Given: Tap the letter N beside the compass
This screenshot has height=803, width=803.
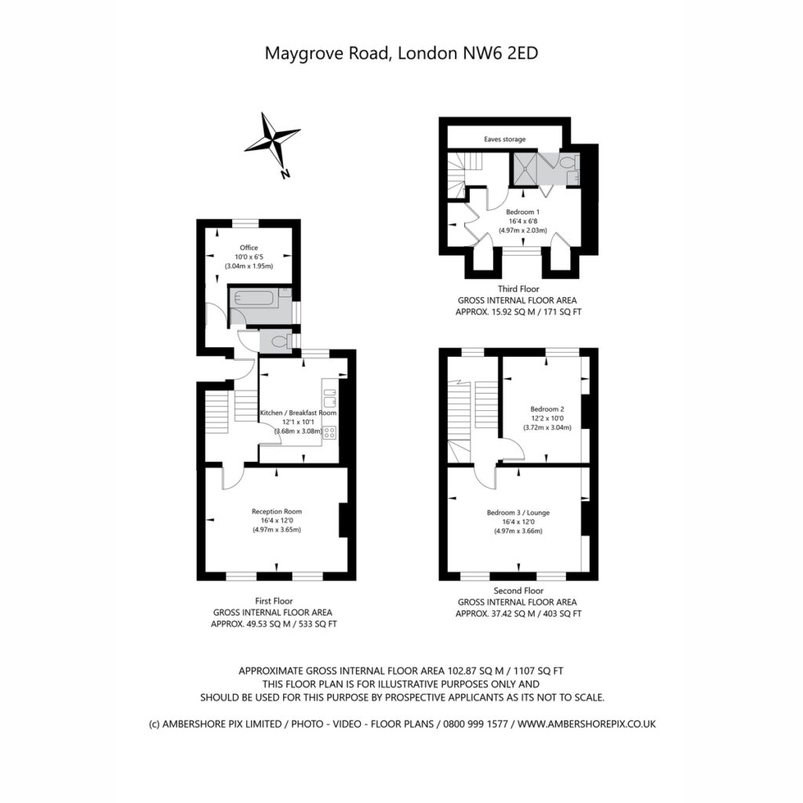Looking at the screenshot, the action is (285, 173).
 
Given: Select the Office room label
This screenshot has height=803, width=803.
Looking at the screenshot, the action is (249, 247).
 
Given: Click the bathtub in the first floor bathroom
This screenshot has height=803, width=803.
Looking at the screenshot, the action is (254, 299).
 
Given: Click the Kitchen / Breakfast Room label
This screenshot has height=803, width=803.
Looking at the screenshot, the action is (298, 412).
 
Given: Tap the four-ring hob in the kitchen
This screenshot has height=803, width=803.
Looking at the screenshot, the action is (330, 433).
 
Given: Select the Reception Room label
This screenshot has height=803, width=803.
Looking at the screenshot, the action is (277, 511).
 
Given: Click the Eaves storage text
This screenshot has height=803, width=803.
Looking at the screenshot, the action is (505, 140).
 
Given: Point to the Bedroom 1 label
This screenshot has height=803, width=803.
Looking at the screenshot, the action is (522, 212).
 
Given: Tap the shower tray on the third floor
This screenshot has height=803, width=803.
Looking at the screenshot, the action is (525, 169).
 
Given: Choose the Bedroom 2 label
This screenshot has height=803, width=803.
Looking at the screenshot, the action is (547, 409).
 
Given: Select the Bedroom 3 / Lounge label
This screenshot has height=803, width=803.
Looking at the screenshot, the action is (518, 512).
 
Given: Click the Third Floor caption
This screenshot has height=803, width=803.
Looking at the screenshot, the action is (518, 289).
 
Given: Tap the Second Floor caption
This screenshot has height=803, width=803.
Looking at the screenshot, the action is (518, 590).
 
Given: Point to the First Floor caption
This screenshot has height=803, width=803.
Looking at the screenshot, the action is (274, 601).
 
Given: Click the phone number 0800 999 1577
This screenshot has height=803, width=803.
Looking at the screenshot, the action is (475, 724).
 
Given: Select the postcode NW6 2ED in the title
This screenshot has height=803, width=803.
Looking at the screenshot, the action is (500, 53).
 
